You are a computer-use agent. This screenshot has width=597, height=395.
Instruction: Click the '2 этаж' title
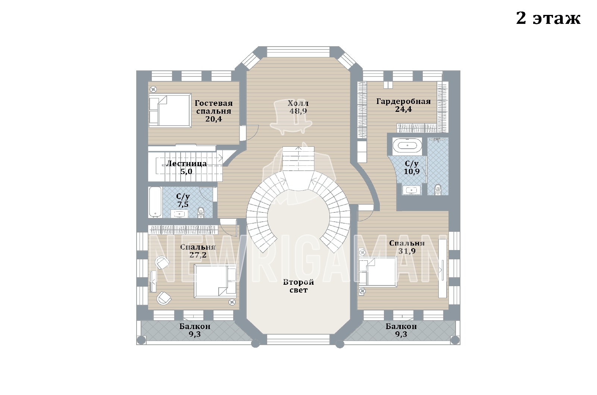click(548, 19)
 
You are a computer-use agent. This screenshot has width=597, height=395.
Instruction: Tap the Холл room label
click(298, 103)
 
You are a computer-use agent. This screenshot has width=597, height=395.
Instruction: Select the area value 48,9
click(298, 111)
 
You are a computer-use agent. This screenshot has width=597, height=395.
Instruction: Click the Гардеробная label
click(403, 101)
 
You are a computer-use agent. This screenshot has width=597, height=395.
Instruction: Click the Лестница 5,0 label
click(186, 167)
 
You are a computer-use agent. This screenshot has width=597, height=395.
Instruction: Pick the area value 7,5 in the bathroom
click(183, 205)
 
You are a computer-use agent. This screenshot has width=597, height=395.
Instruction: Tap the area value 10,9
click(412, 171)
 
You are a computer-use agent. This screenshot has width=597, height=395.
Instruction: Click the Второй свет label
click(298, 286)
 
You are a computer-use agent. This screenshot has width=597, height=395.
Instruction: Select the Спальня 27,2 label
click(198, 251)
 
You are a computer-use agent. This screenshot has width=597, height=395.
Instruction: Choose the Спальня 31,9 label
click(407, 247)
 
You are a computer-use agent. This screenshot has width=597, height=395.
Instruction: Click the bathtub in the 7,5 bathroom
click(155, 202)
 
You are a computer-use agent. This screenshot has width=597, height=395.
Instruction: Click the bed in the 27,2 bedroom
click(215, 281)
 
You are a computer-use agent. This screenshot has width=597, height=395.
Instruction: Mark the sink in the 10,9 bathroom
click(412, 190)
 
